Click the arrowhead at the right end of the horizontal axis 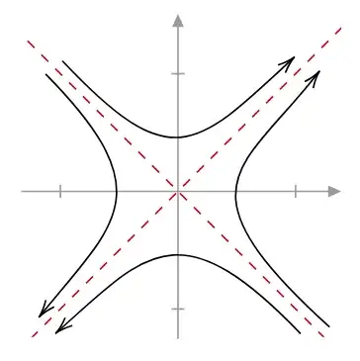[x=334, y=192]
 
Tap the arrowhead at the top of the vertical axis [x=178, y=21]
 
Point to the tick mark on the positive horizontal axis [x=296, y=192]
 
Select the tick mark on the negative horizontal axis [x=60, y=192]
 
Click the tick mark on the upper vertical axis [x=178, y=74]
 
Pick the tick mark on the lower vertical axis [x=178, y=310]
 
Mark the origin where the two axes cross [x=178, y=192]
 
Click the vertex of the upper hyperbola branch [x=177, y=136]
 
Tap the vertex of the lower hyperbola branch [x=177, y=254]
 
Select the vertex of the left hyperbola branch [x=118, y=192]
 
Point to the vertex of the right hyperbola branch [x=236, y=192]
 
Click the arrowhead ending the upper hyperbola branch [x=291, y=61]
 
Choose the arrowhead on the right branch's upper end [x=316, y=73]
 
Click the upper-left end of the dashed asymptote [x=28, y=42]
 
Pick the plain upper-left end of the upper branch [x=63, y=61]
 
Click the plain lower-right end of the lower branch [x=297, y=327]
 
